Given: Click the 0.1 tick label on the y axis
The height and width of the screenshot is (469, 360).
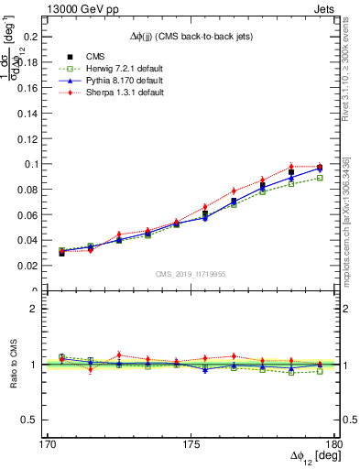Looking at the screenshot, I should click(34, 164).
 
